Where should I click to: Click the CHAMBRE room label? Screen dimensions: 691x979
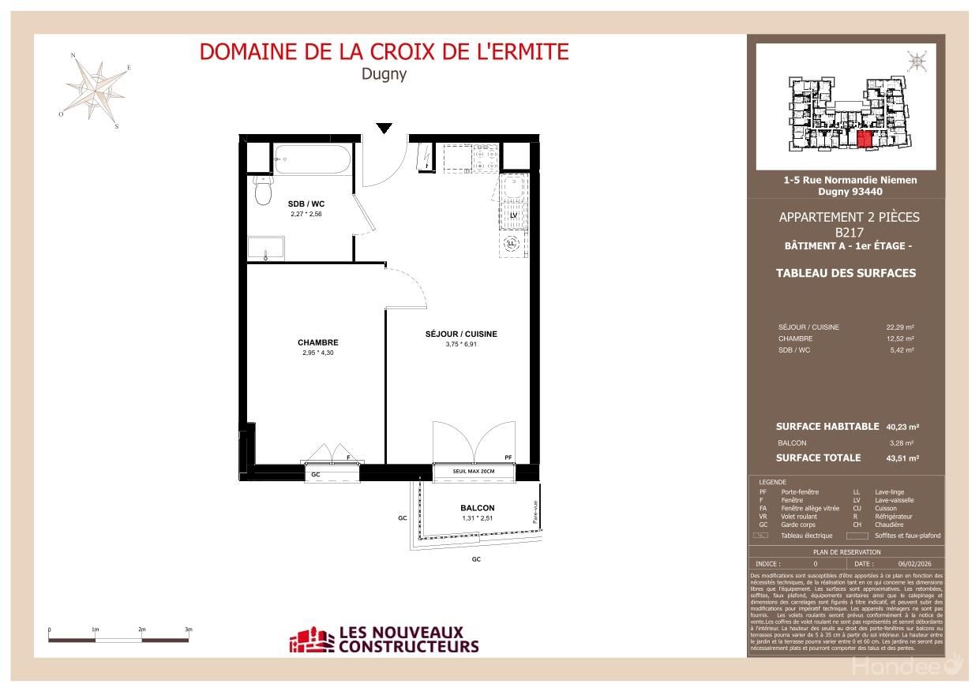pos(317,342)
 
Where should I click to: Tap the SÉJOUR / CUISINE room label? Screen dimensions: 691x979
pos(461,334)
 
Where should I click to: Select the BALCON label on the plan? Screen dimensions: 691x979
pos(477,508)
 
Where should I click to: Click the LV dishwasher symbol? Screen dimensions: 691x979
pos(512,215)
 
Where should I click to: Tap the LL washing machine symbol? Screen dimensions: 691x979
pos(511,244)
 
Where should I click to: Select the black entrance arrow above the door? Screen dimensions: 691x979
pos(384,129)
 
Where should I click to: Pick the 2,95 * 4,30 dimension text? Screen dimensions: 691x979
pos(317,353)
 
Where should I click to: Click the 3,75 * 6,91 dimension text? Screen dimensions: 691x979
pos(461,344)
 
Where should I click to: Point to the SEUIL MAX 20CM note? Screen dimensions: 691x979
pos(474,472)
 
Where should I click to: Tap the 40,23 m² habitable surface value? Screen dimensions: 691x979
pos(902,427)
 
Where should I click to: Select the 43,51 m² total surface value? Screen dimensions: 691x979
pos(902,458)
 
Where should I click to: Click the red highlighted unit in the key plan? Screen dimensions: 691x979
pos(864,140)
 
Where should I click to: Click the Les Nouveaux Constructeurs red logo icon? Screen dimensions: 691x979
pos(311,640)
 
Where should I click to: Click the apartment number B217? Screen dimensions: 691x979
pos(849,232)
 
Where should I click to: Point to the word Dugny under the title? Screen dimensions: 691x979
pos(384,74)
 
